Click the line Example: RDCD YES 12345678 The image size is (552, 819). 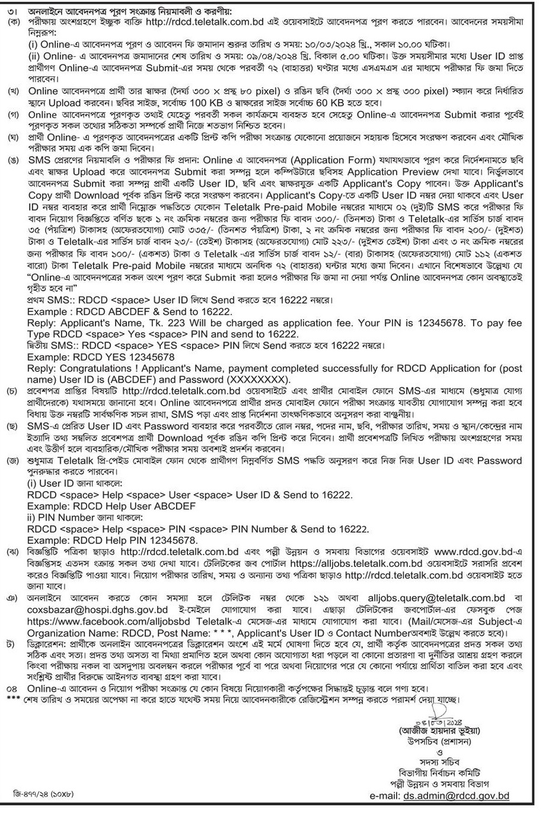click(101, 357)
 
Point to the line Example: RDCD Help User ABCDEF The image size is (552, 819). click(111, 506)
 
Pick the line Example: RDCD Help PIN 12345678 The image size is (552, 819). click(112, 540)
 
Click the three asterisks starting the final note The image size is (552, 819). click(12, 700)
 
